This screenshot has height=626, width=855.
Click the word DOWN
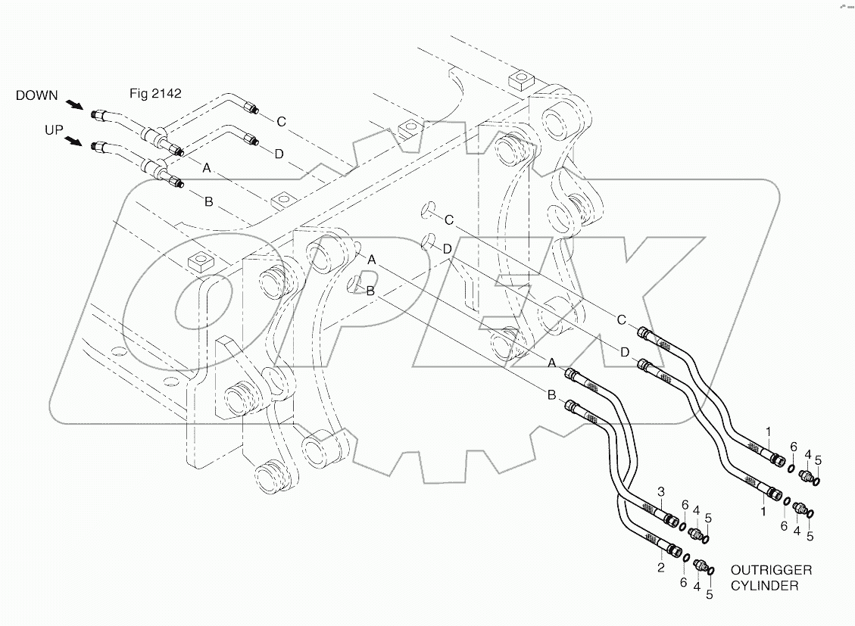tap(36, 95)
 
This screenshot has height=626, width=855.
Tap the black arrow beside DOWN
tap(74, 105)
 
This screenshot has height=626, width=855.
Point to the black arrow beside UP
tap(74, 141)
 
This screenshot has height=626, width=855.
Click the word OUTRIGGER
tap(770, 569)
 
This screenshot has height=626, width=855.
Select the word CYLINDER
tap(765, 584)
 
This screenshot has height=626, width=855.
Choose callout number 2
tap(660, 566)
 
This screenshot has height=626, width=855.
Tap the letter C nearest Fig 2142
tap(280, 120)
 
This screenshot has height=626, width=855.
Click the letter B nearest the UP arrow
tap(208, 202)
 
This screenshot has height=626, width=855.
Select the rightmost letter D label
tap(624, 352)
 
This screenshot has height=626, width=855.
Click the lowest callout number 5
tap(710, 594)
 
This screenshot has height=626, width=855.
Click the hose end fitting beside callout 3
tap(670, 519)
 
